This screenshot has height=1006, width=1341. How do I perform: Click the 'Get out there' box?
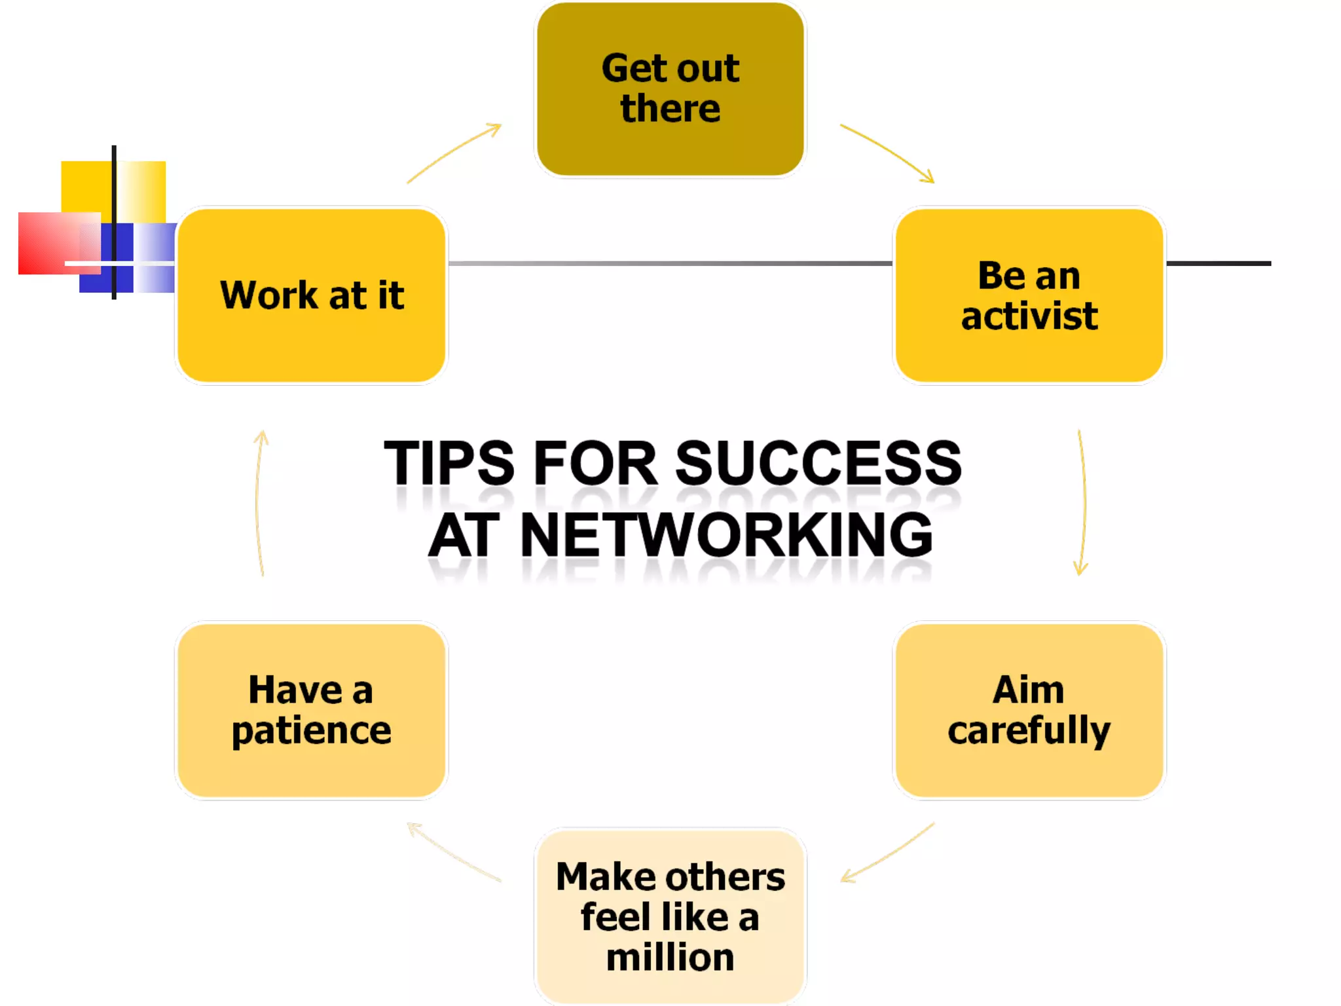click(x=670, y=89)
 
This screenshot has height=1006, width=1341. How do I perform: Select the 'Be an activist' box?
click(x=1029, y=295)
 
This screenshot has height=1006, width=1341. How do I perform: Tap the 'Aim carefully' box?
click(x=1029, y=710)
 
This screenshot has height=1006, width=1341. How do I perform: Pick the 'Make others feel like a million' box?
click(x=670, y=916)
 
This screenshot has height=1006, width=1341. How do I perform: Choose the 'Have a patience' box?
click(x=312, y=710)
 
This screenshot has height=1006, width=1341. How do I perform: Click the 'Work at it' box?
click(x=312, y=295)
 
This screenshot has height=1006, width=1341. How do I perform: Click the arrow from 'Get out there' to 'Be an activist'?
click(x=887, y=152)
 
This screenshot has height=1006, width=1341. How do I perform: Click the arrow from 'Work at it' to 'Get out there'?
click(x=453, y=152)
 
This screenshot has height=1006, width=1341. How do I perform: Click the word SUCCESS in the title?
click(x=818, y=464)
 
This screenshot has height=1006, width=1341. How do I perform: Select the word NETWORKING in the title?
click(x=726, y=536)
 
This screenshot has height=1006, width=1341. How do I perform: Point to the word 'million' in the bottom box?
click(x=670, y=958)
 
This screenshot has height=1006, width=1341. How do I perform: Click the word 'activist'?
click(x=1029, y=316)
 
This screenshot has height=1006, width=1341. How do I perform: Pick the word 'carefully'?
click(x=1029, y=731)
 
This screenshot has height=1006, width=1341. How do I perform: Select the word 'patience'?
click(x=312, y=731)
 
